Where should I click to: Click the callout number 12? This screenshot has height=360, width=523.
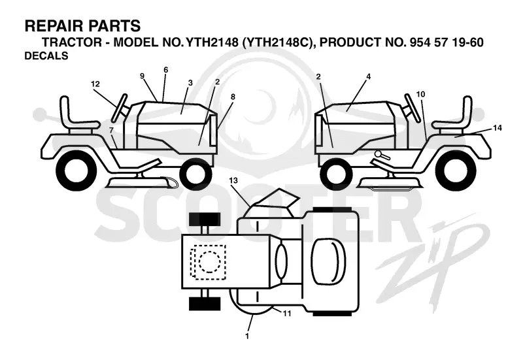tap(95, 84)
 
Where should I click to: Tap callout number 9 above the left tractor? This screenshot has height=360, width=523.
tap(142, 76)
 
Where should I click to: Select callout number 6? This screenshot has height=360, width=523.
tap(166, 70)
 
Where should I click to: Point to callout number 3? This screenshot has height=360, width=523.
tap(190, 83)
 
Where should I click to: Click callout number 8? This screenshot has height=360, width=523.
tap(233, 97)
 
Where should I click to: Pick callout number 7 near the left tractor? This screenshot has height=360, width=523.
tap(111, 130)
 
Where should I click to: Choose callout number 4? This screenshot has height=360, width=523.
tap(369, 76)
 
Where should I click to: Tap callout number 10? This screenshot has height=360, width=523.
tap(421, 94)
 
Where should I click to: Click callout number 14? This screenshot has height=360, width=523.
tap(498, 128)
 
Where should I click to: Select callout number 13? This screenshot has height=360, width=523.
tap(233, 180)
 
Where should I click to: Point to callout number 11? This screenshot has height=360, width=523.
tap(287, 314)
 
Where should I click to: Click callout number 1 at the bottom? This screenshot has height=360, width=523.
tap(247, 336)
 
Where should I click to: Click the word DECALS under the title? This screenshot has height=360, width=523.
tap(46, 56)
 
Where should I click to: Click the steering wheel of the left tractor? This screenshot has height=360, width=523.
tap(119, 108)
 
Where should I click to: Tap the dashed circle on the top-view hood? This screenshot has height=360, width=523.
tap(209, 261)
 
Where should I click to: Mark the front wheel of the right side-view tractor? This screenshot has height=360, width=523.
tap(336, 174)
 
